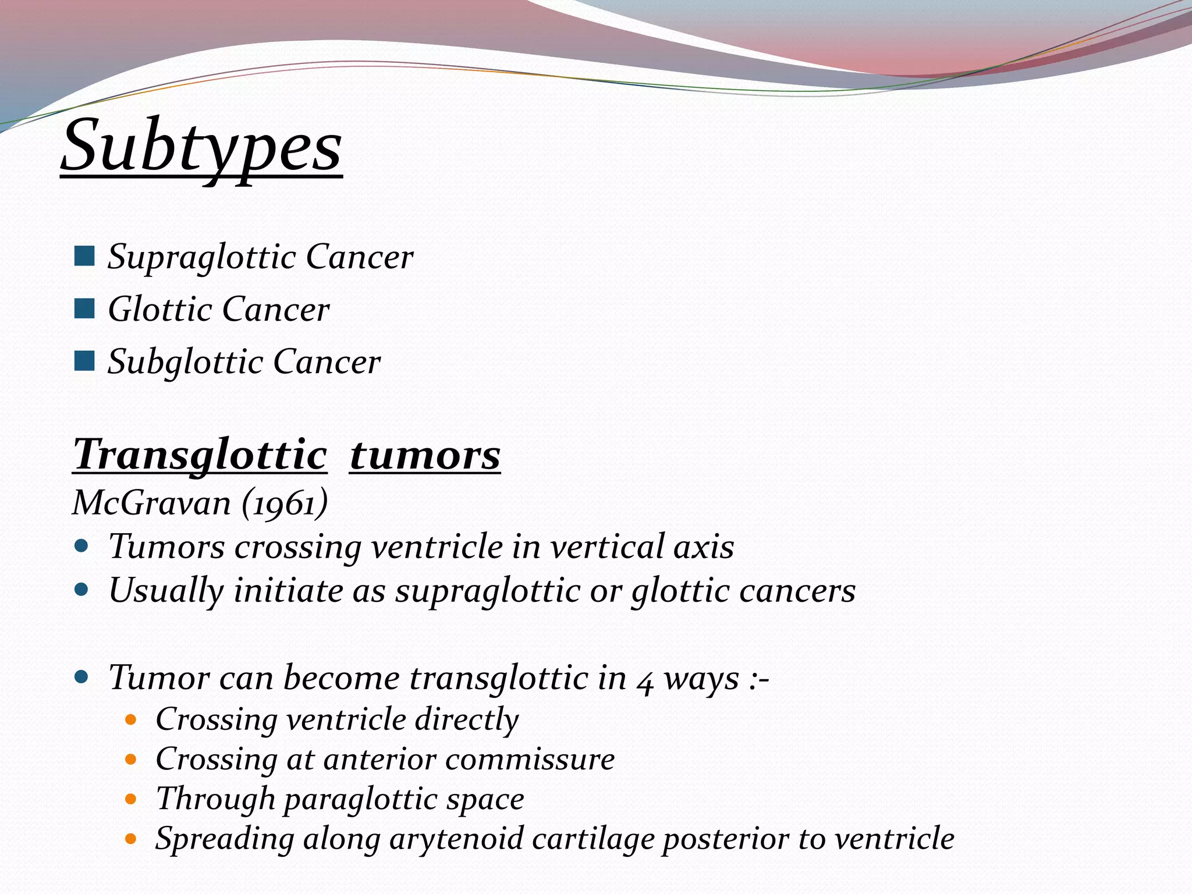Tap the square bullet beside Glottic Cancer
pyautogui.click(x=84, y=308)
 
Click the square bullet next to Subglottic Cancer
pyautogui.click(x=84, y=361)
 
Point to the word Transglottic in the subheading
pyautogui.click(x=200, y=455)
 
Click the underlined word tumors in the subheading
pyautogui.click(x=425, y=455)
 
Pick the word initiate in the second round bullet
pyautogui.click(x=289, y=591)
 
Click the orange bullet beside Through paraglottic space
pyautogui.click(x=131, y=799)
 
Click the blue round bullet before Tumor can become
pyautogui.click(x=81, y=677)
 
